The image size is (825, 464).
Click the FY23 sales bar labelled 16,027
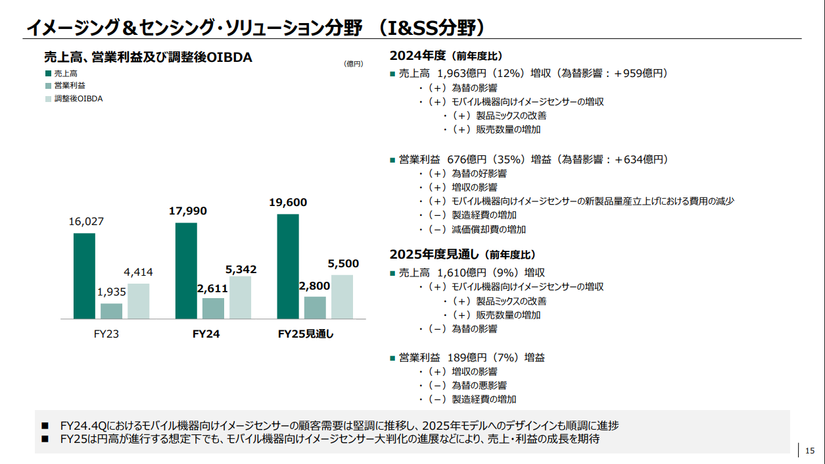[x=84, y=276]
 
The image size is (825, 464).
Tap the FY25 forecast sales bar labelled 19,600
[x=288, y=267]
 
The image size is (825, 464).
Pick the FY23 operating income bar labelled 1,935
[x=111, y=311]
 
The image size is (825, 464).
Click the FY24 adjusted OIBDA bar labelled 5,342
[x=241, y=297]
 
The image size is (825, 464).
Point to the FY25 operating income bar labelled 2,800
[x=315, y=307]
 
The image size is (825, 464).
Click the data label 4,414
[x=138, y=272]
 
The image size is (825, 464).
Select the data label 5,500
[x=343, y=264]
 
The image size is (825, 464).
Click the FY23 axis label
[x=106, y=334]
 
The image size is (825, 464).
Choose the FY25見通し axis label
[x=306, y=334]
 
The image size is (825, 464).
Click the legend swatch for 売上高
[x=48, y=74]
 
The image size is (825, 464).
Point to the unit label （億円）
[x=353, y=64]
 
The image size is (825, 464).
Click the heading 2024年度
[x=418, y=55]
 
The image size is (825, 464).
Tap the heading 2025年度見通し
[x=433, y=254]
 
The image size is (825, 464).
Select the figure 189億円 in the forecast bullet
[x=466, y=357]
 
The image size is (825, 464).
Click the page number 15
[x=809, y=450]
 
